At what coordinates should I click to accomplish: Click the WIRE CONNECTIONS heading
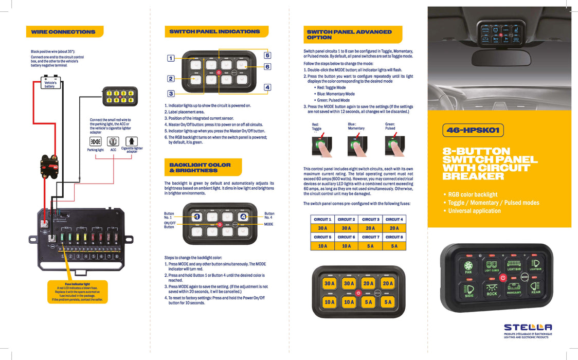point(63,32)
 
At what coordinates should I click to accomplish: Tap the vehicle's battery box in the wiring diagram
point(50,84)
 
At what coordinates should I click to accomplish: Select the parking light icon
point(95,141)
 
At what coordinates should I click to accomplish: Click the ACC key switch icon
point(113,141)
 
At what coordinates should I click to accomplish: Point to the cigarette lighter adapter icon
point(132,141)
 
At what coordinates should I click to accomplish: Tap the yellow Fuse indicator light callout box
point(77,292)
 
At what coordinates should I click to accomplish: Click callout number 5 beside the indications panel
point(267,55)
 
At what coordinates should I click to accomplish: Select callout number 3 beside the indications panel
point(171,94)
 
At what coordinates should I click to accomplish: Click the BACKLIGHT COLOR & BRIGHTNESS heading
point(200,168)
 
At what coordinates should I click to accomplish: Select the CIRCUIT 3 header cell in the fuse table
point(370,220)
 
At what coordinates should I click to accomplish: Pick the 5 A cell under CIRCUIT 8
point(394,246)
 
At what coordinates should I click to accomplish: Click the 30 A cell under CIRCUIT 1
point(322,228)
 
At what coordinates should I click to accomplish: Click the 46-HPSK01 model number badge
point(473,131)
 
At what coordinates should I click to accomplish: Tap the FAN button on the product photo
point(468,266)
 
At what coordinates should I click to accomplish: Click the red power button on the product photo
point(503,278)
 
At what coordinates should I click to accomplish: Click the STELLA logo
point(528,327)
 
